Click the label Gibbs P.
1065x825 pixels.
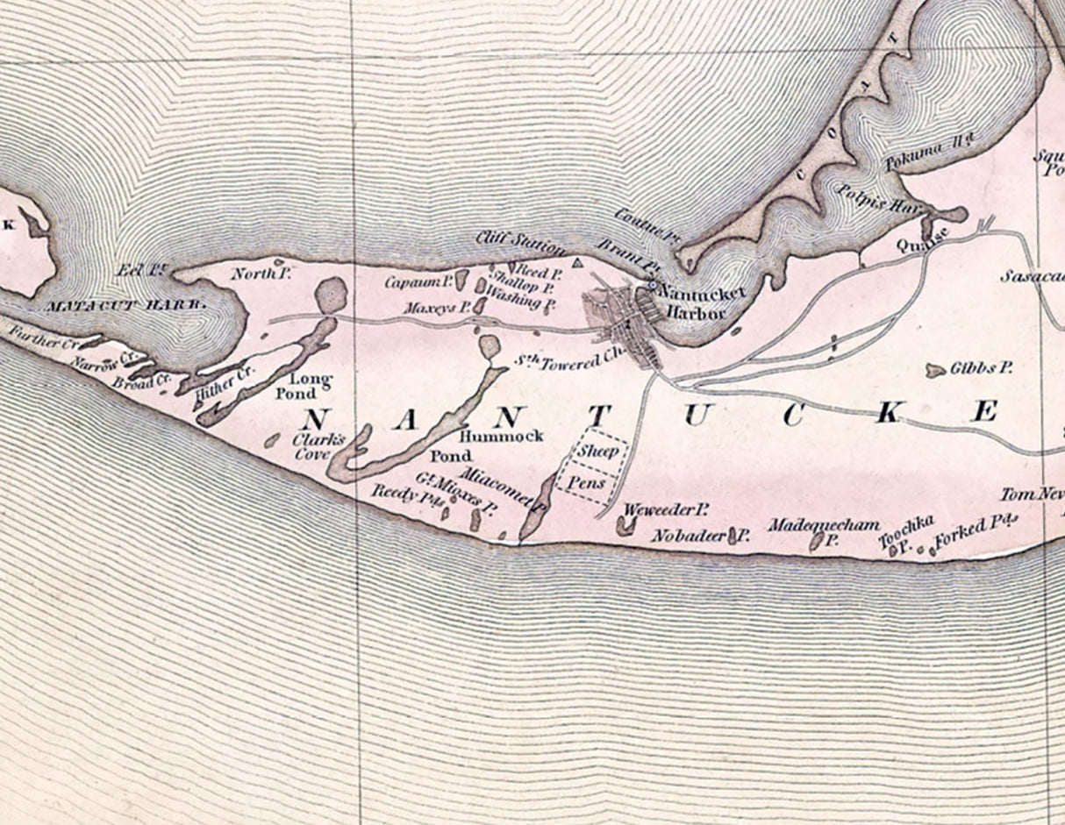(x=981, y=369)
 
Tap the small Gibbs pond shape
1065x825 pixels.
(x=935, y=371)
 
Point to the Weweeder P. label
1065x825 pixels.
(x=665, y=509)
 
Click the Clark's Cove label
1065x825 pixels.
(x=312, y=447)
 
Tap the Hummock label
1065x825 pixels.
(x=501, y=435)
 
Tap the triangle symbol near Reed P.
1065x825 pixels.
(x=576, y=262)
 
